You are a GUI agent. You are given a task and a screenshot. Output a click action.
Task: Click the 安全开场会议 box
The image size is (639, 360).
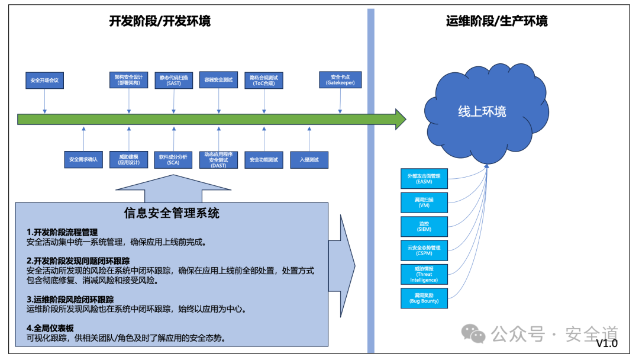pos(44,80)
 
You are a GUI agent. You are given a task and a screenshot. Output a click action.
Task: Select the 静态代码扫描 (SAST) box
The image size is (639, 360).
pos(174,80)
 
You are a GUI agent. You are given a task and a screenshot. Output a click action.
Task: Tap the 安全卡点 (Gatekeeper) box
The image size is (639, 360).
pos(340,80)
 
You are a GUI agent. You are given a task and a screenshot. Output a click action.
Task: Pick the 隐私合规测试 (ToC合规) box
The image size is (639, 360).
pos(264,80)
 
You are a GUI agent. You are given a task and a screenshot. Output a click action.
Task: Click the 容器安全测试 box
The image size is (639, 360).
pos(218,80)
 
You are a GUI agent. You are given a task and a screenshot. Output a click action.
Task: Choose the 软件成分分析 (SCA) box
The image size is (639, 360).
pos(173,159)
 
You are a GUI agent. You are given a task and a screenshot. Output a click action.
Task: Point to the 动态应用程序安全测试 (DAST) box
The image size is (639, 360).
pos(218,159)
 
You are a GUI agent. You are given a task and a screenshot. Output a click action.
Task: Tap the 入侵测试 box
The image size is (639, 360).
pos(309,159)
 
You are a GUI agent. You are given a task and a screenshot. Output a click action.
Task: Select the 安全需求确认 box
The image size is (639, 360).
pos(83,159)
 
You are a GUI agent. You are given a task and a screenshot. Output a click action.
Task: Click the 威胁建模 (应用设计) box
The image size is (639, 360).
pos(128,159)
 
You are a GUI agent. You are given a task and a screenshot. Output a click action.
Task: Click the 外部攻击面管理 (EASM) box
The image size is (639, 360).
pos(424,178)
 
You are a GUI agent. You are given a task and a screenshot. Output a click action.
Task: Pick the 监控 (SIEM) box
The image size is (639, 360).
pos(424,226)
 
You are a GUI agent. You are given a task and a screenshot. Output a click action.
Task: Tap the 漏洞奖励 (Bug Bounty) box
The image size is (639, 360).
pos(424,298)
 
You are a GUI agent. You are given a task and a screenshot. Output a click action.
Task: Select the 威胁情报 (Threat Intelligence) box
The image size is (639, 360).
pos(424,274)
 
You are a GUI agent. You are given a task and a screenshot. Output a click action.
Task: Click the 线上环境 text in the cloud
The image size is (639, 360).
pos(482,111)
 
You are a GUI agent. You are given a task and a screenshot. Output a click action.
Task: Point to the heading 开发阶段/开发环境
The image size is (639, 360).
pos(160,21)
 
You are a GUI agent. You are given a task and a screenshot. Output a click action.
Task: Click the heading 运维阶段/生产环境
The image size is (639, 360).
pos(496,21)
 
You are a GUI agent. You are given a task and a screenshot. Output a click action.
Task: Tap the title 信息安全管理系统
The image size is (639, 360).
pos(172,213)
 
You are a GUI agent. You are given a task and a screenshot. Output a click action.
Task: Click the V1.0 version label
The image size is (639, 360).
pos(606,344)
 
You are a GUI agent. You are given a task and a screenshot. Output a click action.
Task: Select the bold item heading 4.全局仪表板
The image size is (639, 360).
pos(50,328)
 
